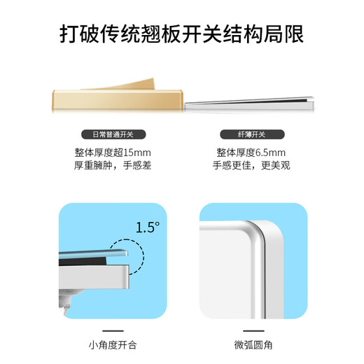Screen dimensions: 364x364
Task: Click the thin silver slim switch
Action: (251, 105)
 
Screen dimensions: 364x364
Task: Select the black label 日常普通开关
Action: (112, 134)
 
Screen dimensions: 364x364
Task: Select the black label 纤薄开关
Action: (252, 134)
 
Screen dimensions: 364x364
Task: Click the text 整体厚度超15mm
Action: (112, 152)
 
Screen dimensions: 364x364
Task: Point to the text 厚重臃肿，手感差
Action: (112, 166)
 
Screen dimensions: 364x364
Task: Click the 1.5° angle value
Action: (147, 227)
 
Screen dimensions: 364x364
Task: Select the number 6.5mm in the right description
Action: (270, 152)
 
